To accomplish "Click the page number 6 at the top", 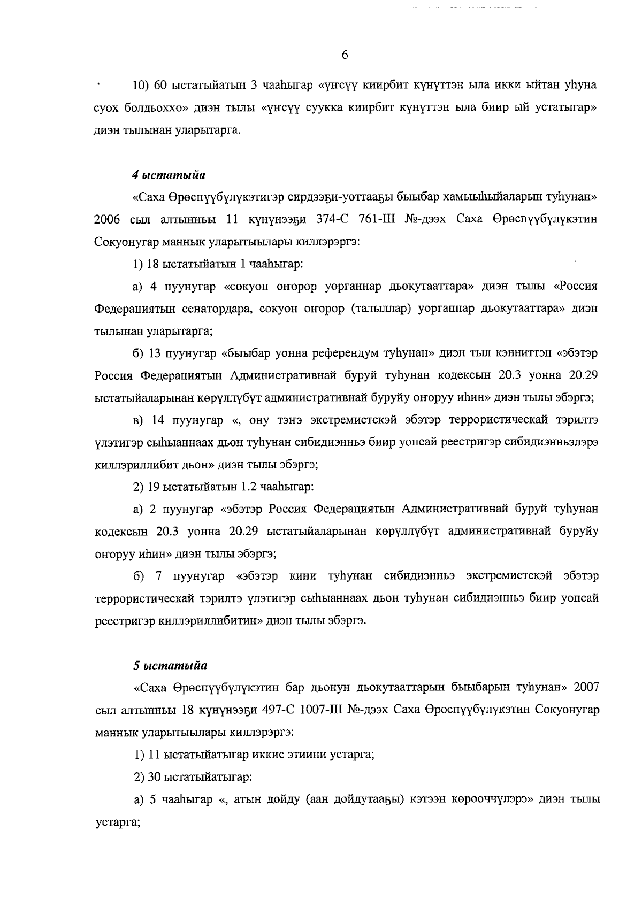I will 345,55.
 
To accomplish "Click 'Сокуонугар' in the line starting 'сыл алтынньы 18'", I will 567,709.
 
